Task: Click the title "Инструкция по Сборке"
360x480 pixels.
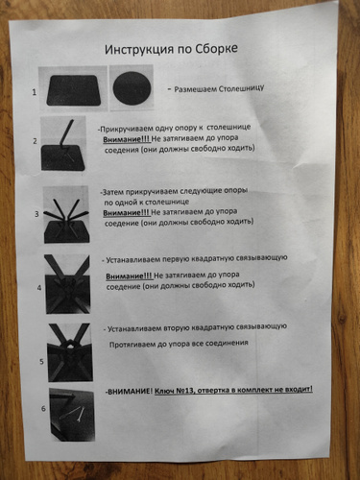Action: (x=171, y=49)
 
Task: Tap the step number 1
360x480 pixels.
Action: (x=34, y=92)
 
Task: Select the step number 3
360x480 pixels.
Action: (x=36, y=214)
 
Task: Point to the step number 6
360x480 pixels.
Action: (x=43, y=409)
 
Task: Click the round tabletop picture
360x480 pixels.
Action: (x=132, y=88)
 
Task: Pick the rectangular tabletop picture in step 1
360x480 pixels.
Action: (x=74, y=90)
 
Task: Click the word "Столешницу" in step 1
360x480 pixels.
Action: (x=242, y=88)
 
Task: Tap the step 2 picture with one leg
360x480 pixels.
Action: (x=63, y=144)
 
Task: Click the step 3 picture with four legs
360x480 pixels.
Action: (x=66, y=215)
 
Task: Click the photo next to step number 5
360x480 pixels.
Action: (x=70, y=352)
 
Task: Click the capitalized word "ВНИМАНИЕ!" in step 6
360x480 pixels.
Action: (x=130, y=392)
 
